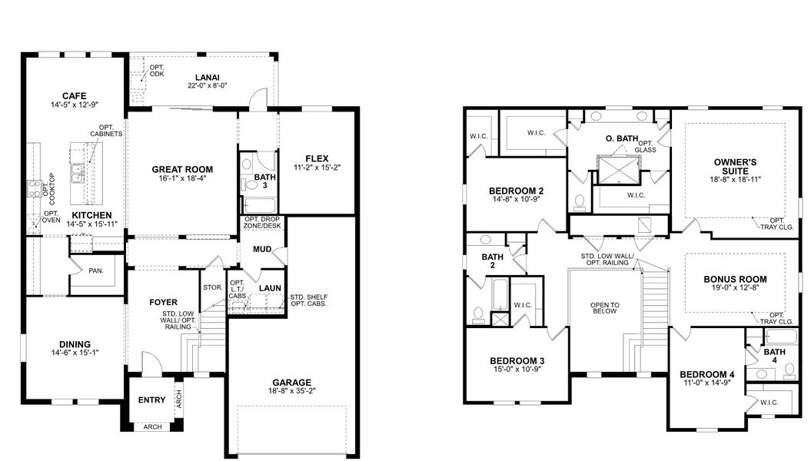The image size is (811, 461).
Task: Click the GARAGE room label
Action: tap(291, 382)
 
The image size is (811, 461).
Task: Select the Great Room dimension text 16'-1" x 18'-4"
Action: tap(181, 178)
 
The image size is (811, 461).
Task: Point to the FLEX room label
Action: tap(316, 158)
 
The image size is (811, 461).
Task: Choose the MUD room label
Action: tap(262, 249)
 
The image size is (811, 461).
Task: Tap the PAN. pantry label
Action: tap(96, 270)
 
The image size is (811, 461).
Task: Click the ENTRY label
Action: tap(151, 400)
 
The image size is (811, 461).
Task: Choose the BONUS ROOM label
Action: tap(735, 279)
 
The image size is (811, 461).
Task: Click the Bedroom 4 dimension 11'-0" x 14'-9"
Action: tap(707, 384)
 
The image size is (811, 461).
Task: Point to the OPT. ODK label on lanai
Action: tap(157, 70)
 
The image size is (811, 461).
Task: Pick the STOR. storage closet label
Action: tap(214, 287)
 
